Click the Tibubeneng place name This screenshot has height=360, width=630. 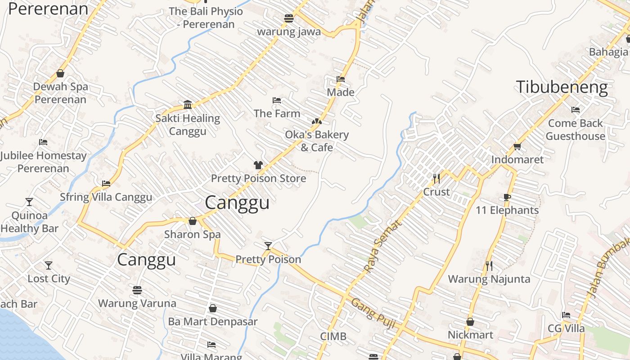click(562, 87)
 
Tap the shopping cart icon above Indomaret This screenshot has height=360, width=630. click(517, 146)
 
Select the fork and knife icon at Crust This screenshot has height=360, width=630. click(436, 179)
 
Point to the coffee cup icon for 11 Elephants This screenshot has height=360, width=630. click(507, 197)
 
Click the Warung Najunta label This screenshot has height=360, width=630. click(489, 279)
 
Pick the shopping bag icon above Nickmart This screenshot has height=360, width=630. click(470, 322)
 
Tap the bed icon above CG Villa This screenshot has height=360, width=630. click(566, 315)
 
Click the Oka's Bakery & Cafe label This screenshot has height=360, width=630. click(317, 141)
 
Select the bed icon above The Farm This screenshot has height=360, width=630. click(277, 100)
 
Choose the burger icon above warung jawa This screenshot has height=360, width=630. click(289, 18)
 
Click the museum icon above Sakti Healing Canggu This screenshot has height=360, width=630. click(188, 105)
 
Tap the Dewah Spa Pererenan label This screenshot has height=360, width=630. click(60, 93)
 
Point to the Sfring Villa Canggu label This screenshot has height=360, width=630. click(106, 197)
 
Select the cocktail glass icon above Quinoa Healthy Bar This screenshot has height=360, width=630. click(29, 202)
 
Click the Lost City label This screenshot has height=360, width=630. click(49, 279)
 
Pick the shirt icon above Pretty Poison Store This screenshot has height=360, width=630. click(258, 165)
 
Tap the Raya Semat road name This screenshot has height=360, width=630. click(381, 247)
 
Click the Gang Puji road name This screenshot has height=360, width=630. click(373, 315)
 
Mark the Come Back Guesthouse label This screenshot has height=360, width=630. click(576, 130)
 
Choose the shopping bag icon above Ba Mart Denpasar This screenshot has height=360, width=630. click(213, 308)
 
